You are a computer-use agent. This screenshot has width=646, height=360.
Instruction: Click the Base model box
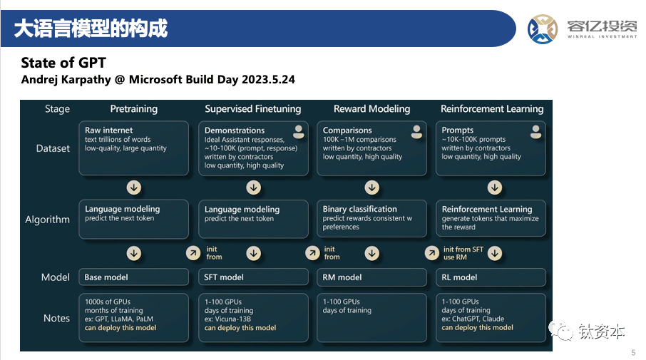tap(133, 277)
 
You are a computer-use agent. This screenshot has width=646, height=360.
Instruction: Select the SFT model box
tap(253, 277)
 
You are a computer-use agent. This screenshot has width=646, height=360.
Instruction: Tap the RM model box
tap(371, 277)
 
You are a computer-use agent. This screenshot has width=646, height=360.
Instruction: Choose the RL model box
tap(491, 277)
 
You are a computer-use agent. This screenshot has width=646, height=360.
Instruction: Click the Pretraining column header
tap(134, 109)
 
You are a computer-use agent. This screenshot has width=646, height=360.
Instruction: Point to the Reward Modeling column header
tap(371, 109)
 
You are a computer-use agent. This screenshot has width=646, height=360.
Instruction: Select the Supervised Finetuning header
tap(253, 109)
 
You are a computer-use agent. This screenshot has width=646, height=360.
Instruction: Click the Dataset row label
tap(53, 148)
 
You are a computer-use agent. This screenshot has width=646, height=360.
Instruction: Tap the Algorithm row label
tap(47, 220)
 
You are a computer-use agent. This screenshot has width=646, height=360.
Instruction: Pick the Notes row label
tap(56, 319)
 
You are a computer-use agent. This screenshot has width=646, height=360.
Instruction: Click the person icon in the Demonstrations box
tap(299, 132)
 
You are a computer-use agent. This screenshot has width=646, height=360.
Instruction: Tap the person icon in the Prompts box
tap(535, 132)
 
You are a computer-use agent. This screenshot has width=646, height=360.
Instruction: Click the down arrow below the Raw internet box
tap(134, 187)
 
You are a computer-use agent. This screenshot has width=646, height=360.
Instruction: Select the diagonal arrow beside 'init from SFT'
tap(432, 253)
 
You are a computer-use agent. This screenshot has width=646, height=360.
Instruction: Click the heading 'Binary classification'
tap(359, 209)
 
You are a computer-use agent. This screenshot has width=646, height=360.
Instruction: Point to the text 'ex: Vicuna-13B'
tap(227, 319)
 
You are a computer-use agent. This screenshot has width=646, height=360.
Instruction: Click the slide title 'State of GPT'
tap(63, 63)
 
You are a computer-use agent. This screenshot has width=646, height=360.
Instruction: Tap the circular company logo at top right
tap(543, 29)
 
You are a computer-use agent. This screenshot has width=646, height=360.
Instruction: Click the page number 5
tap(633, 353)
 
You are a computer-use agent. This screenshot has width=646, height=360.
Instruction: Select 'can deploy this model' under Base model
tap(121, 328)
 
